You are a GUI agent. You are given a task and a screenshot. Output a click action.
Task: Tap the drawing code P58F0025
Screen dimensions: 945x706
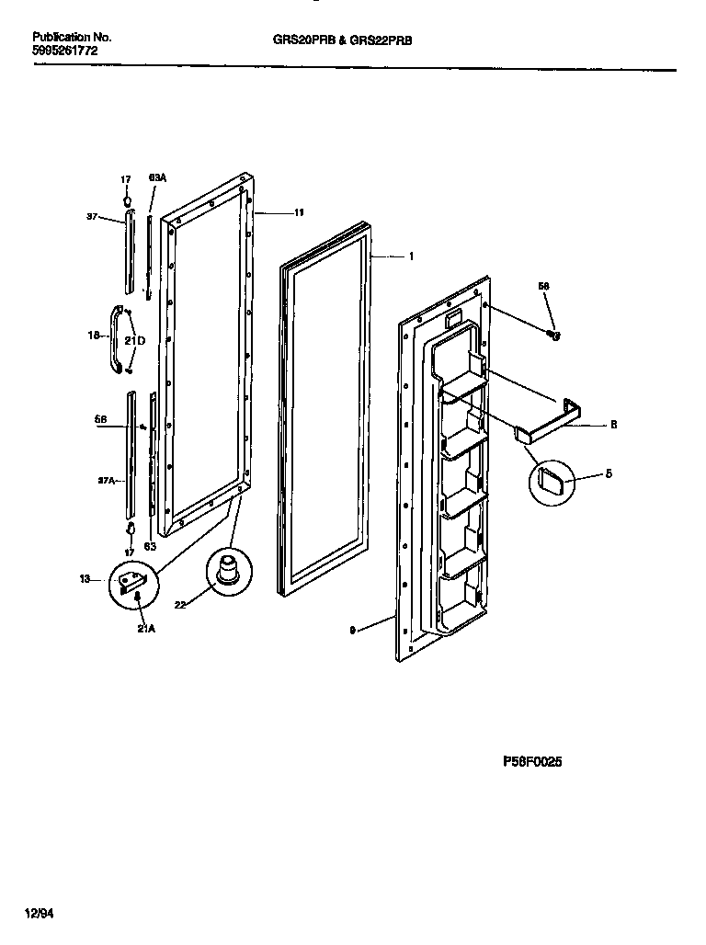532,761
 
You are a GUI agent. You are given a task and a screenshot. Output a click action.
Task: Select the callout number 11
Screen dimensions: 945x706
299,213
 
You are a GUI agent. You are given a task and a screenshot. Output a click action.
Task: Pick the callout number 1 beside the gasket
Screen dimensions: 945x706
411,256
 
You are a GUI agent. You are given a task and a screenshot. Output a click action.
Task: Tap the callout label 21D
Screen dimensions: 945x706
135,341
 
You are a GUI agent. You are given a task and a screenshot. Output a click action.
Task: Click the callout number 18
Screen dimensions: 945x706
93,336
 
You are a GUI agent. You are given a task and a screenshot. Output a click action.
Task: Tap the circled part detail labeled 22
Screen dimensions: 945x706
226,572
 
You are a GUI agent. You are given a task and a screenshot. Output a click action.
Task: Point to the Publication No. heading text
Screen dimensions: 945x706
72,38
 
